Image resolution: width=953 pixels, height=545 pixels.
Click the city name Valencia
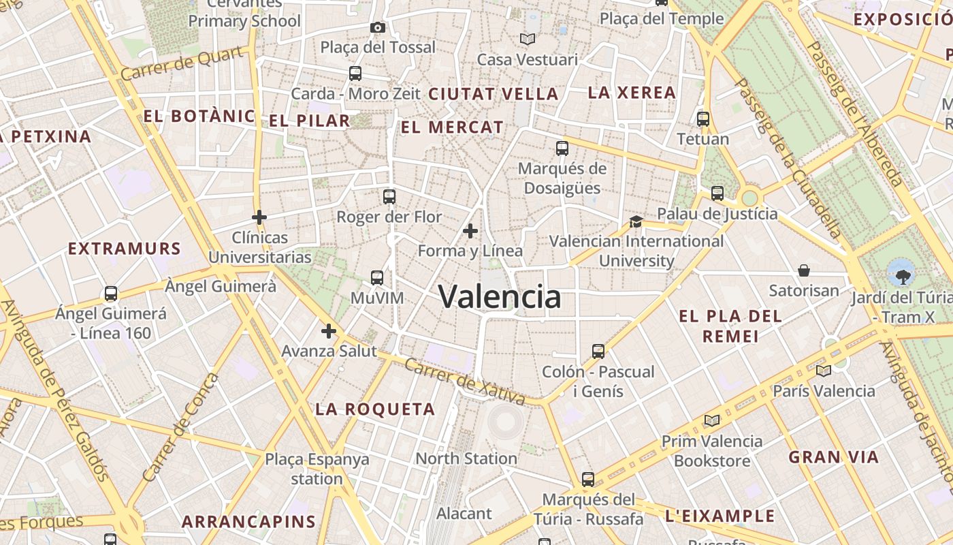click(500, 296)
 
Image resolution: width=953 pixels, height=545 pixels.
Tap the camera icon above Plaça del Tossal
click(377, 27)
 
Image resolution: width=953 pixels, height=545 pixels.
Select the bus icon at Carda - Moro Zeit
click(355, 74)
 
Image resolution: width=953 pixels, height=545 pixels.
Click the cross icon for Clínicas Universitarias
click(259, 217)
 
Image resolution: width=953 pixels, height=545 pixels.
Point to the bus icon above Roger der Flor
click(389, 197)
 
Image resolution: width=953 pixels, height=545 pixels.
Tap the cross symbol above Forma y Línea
click(470, 231)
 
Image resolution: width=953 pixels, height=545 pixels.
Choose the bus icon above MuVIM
click(376, 278)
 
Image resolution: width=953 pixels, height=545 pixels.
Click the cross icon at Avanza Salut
click(328, 331)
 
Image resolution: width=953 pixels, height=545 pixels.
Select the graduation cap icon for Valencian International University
click(636, 221)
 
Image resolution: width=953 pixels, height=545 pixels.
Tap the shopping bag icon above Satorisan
click(803, 270)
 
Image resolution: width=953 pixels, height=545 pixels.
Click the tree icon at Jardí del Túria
click(903, 276)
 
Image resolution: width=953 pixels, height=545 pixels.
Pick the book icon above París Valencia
click(823, 371)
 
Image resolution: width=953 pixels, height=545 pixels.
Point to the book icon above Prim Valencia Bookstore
click(712, 420)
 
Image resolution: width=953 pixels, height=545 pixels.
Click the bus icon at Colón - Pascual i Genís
click(598, 352)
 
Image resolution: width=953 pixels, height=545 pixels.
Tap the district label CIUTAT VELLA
click(494, 94)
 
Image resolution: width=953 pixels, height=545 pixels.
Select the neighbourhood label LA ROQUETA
click(375, 409)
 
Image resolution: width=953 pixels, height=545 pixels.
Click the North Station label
click(466, 458)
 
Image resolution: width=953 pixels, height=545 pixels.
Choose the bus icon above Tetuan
click(702, 119)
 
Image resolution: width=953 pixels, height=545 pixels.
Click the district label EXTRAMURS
click(125, 249)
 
